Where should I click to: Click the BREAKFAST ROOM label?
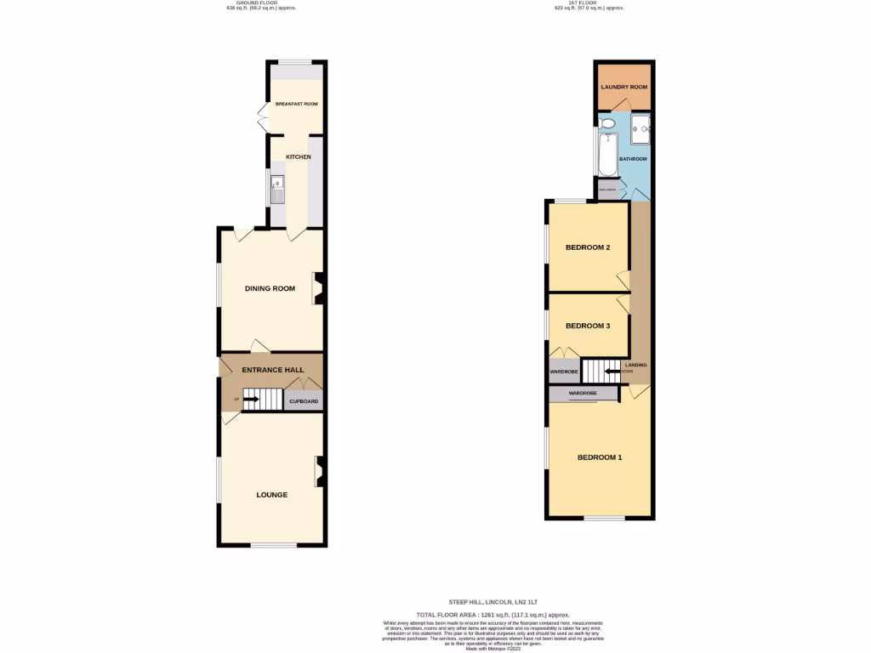pyautogui.click(x=296, y=104)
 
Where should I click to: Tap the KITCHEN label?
pyautogui.click(x=298, y=157)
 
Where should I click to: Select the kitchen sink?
pyautogui.click(x=277, y=189)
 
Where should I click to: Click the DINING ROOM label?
pyautogui.click(x=270, y=288)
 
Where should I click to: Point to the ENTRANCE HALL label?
pyautogui.click(x=273, y=371)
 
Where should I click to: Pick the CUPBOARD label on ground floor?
pyautogui.click(x=304, y=401)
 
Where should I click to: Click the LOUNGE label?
pyautogui.click(x=272, y=495)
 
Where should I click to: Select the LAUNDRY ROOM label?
pyautogui.click(x=624, y=88)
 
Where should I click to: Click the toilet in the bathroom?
pyautogui.click(x=607, y=124)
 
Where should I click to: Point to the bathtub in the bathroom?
pyautogui.click(x=605, y=157)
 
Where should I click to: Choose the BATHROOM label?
pyautogui.click(x=633, y=159)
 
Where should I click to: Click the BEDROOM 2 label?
pyautogui.click(x=588, y=248)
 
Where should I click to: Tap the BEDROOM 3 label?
pyautogui.click(x=588, y=326)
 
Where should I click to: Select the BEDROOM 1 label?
pyautogui.click(x=600, y=457)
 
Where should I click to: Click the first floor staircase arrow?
pyautogui.click(x=612, y=371)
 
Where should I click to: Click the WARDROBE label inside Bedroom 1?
pyautogui.click(x=583, y=394)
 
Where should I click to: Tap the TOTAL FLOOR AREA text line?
pyautogui.click(x=492, y=614)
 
